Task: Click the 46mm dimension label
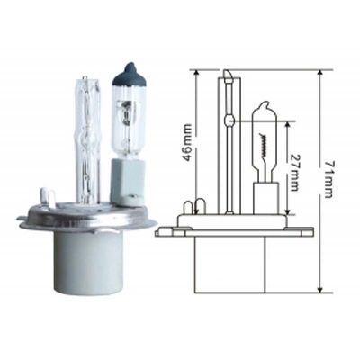[188, 142]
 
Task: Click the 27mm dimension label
[294, 173]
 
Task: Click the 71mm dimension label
[328, 180]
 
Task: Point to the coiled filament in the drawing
[264, 145]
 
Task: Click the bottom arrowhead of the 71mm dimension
[320, 289]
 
